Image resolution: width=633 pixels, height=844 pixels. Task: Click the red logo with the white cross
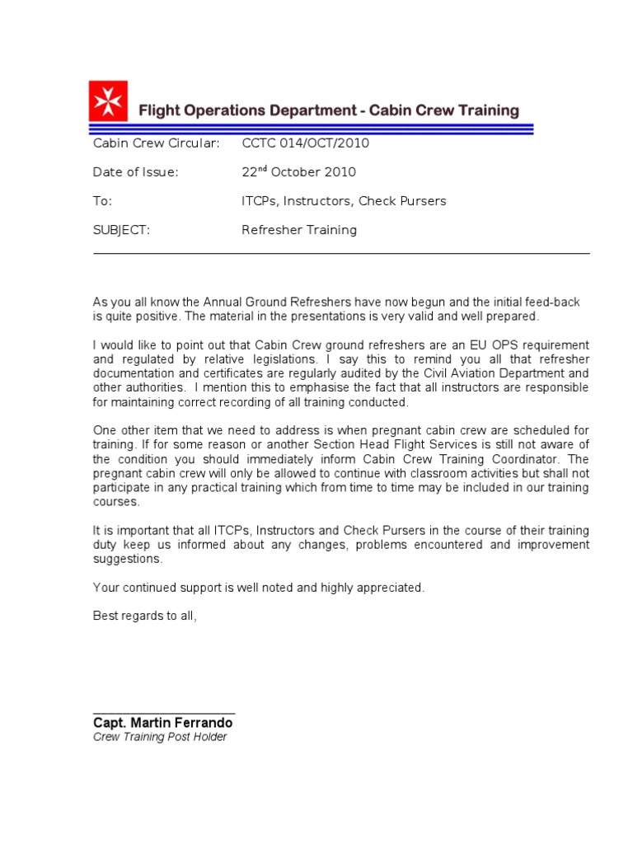108,101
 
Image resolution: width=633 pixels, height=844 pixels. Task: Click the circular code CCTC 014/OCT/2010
305,143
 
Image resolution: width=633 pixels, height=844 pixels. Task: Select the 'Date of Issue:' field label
135,172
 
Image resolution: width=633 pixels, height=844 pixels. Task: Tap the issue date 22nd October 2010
298,171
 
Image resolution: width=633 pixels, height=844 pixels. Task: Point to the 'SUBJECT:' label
121,230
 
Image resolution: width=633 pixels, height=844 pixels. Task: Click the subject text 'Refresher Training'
299,230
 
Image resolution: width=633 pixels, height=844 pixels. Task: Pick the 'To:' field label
102,201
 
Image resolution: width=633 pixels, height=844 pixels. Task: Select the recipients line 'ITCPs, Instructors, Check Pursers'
344,201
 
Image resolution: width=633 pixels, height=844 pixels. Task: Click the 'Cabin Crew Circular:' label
156,143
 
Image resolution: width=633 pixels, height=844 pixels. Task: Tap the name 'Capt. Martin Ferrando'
162,723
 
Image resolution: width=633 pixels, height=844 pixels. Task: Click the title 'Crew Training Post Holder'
159,737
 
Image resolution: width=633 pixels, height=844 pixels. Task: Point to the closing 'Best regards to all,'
145,617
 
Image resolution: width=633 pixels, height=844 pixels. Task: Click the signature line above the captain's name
164,711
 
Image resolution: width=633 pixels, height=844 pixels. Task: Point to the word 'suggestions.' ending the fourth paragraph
128,559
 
